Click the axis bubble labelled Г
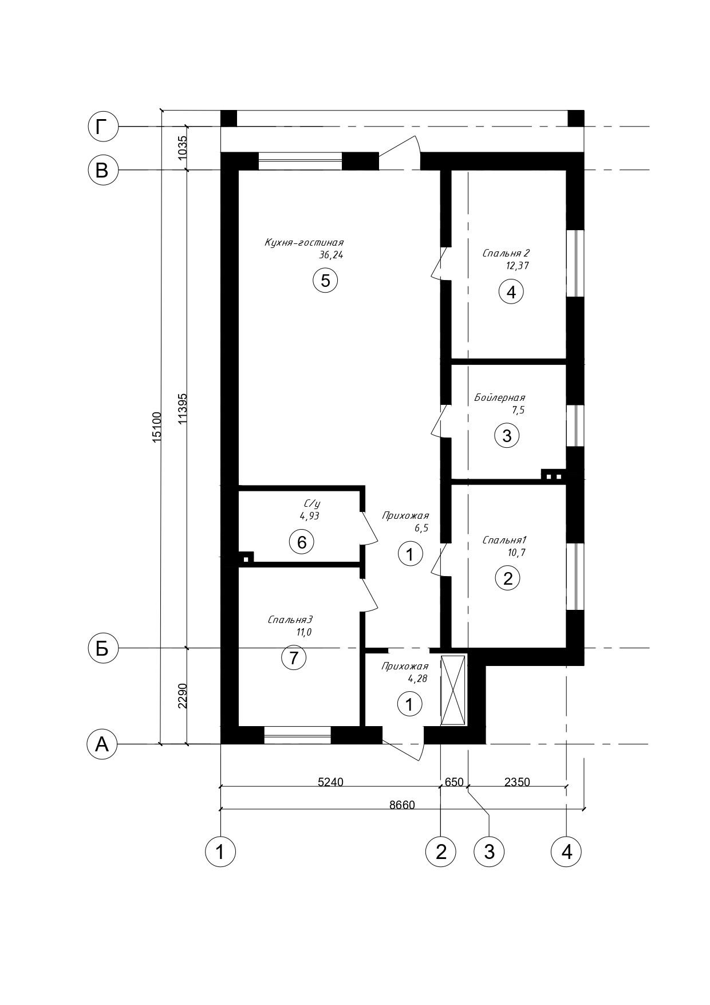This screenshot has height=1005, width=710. [x=102, y=126]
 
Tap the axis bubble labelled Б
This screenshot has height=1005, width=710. [x=102, y=648]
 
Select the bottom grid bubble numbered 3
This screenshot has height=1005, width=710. [x=489, y=852]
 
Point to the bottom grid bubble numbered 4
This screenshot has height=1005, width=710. [x=566, y=852]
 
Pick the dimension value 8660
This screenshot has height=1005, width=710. [x=402, y=805]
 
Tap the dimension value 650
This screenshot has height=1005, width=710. [x=453, y=782]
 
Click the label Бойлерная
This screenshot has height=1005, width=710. [x=499, y=397]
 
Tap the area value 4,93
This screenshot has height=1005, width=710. [x=309, y=515]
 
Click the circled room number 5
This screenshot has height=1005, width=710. [x=325, y=281]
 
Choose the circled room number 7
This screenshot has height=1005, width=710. [x=294, y=658]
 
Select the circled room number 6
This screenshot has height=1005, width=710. [x=302, y=541]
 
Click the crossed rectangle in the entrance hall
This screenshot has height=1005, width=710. [x=453, y=690]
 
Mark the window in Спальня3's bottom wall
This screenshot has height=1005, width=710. [x=298, y=735]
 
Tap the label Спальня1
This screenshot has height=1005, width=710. [x=504, y=540]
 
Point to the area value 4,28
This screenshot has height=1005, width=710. [x=417, y=679]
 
